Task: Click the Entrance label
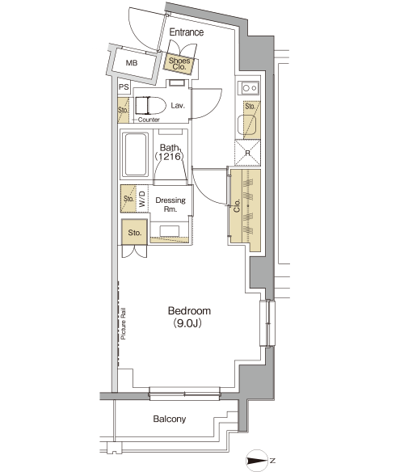coord(187,32)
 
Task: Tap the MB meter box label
coord(132,63)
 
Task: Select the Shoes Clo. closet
coord(179,64)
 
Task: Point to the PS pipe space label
coord(124,87)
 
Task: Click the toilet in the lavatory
coord(150,106)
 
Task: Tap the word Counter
coord(149,120)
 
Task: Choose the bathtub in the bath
coord(137,154)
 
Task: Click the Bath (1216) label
coord(169,152)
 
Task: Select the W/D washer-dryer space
coord(142,199)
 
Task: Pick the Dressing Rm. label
coord(170,204)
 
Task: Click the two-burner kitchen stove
coord(250,88)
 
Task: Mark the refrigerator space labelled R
coord(247,153)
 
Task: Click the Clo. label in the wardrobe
coord(237,205)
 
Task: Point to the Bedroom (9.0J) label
coord(189,317)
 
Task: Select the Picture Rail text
coord(124,323)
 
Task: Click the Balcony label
coord(170,419)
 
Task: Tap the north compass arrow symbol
coord(258,461)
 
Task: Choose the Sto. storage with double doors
coord(135,233)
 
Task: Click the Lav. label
coord(178,106)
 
